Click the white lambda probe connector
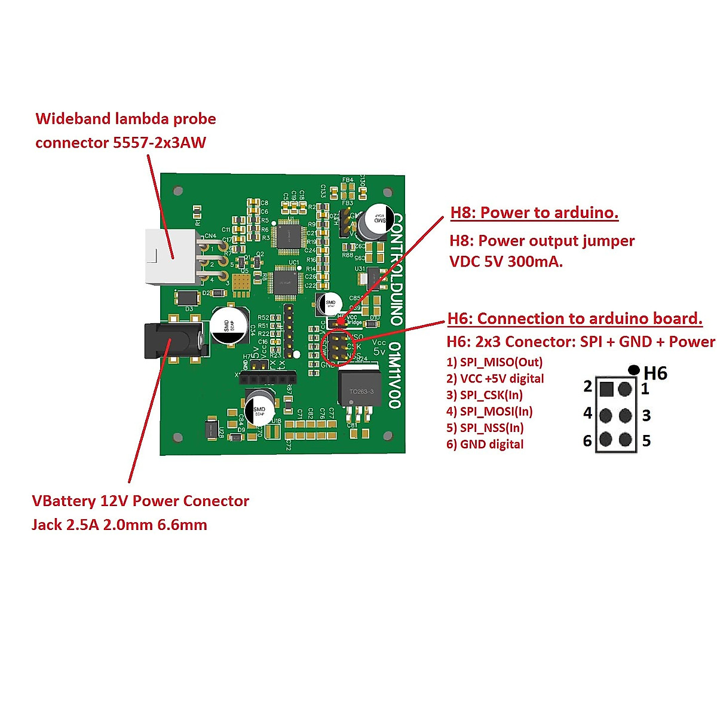point(170,257)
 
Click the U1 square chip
point(289,234)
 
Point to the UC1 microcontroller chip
point(286,283)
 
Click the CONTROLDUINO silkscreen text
point(396,269)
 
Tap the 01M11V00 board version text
point(394,375)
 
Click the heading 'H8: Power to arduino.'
point(534,213)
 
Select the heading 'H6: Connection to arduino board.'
point(575,318)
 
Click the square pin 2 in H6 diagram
point(606,390)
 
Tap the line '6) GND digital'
point(485,445)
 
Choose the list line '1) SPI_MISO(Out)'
point(494,362)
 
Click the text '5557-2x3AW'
point(159,142)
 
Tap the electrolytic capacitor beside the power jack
point(229,325)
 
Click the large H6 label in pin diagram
point(655,373)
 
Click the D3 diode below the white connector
point(187,297)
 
